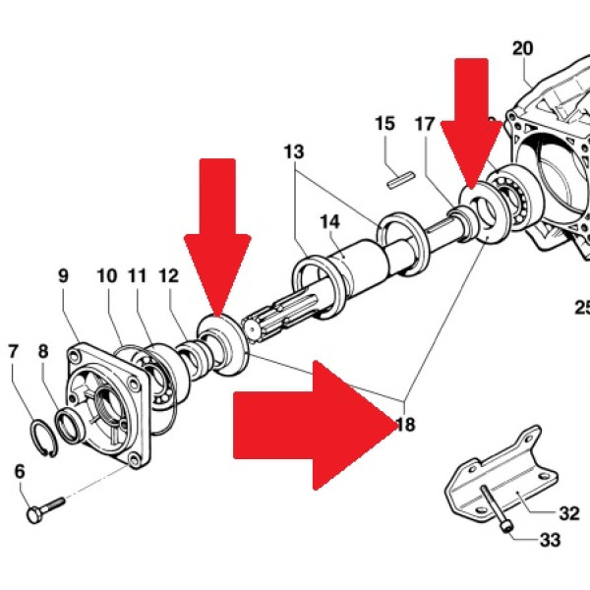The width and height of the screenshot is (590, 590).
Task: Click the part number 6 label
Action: [x=20, y=472]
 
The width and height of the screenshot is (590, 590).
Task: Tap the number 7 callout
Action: [x=13, y=350]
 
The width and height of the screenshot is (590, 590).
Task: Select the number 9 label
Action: [x=64, y=276]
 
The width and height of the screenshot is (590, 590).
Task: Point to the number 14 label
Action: [x=328, y=222]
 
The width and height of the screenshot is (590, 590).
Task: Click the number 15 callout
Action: [x=384, y=124]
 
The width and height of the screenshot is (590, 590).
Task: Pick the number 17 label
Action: [x=425, y=124]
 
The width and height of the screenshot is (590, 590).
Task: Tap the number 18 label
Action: [x=404, y=426]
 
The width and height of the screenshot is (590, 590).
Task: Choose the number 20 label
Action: [x=522, y=47]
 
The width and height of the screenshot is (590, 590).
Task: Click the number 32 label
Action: [x=568, y=512]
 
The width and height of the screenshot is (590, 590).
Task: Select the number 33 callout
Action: [x=548, y=539]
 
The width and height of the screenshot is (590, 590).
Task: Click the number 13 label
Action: [x=293, y=152]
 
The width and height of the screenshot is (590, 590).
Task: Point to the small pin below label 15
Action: [x=396, y=179]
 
